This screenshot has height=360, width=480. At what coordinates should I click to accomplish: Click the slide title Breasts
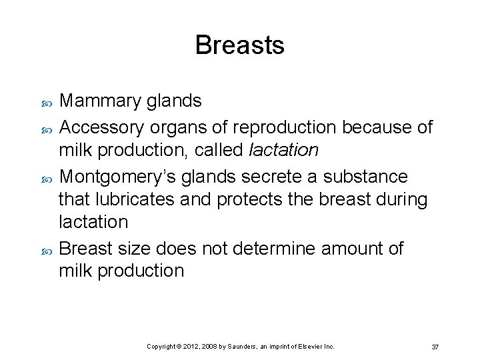239,45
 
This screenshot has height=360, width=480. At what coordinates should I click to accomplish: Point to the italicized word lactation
283,150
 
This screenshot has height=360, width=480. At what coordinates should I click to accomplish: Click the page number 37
435,347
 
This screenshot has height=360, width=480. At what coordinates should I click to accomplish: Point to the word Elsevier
313,347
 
